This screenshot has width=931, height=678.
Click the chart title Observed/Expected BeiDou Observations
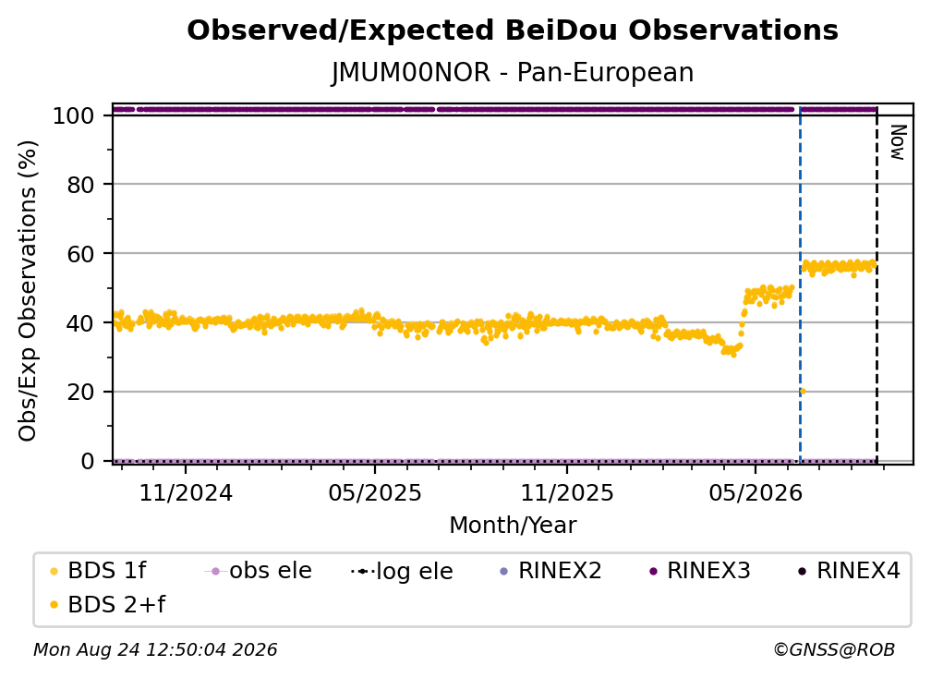click(x=513, y=30)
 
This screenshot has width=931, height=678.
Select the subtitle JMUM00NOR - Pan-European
click(x=513, y=72)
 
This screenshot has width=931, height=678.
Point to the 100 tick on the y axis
click(x=74, y=115)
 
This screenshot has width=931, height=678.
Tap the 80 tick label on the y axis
click(x=80, y=185)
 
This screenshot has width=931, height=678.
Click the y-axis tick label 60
click(x=80, y=253)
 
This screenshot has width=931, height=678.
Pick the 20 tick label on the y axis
click(x=80, y=392)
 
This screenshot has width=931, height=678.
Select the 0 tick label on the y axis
click(x=88, y=461)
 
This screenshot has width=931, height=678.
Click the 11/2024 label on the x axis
click(x=186, y=492)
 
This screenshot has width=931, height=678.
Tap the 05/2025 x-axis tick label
click(x=375, y=492)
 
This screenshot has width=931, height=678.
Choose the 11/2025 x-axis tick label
click(x=567, y=492)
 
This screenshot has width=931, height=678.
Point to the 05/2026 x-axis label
click(x=756, y=492)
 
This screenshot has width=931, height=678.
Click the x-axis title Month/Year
click(x=513, y=525)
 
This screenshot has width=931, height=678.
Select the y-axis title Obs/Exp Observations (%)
click(x=28, y=290)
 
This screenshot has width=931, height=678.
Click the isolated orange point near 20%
click(x=803, y=392)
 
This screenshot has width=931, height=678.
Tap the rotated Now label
click(x=897, y=142)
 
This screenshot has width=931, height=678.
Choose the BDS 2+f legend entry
click(x=107, y=604)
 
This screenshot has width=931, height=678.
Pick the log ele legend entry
click(x=402, y=571)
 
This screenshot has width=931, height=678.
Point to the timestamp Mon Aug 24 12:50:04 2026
click(x=155, y=649)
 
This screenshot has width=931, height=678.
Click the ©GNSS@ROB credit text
click(x=834, y=649)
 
